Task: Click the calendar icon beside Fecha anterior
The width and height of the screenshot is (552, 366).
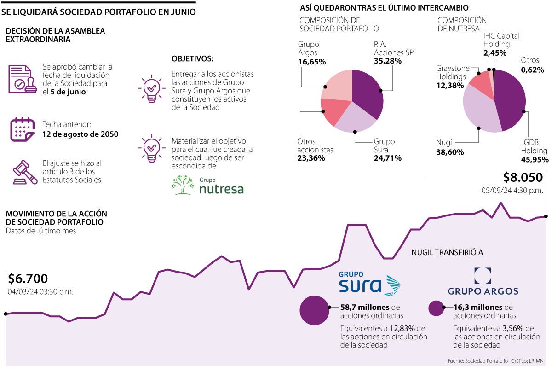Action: [x=22, y=129]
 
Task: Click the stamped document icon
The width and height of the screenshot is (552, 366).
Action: [x=22, y=79]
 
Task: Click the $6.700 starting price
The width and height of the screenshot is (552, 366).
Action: [x=28, y=279]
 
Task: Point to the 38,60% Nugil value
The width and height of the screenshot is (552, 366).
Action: [x=450, y=152]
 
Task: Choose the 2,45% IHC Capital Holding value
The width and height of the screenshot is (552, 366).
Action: [x=494, y=53]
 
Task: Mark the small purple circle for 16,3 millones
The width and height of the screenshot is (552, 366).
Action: [x=436, y=308]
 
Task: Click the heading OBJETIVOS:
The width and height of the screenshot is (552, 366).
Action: [x=192, y=59]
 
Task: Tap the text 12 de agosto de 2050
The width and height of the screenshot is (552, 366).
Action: [x=80, y=134]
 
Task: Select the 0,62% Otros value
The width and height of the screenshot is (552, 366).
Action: [x=532, y=70]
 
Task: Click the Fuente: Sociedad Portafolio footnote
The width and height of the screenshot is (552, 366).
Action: [x=477, y=360]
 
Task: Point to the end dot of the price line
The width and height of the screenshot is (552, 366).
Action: [x=546, y=215]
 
